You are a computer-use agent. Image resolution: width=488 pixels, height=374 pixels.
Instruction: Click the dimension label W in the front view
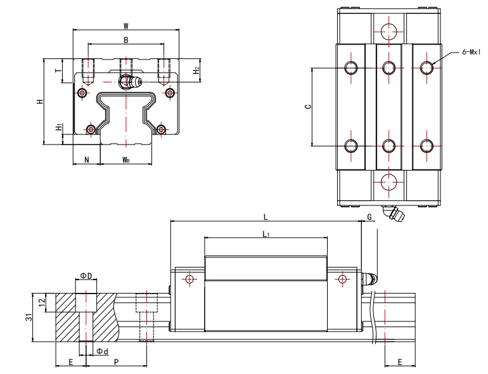pos(126,26)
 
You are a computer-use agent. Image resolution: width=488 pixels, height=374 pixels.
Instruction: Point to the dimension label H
pos(40,101)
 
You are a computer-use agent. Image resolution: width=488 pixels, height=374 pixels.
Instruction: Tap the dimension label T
pos(58,72)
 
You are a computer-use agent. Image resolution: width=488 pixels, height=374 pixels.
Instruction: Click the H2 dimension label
pos(197,70)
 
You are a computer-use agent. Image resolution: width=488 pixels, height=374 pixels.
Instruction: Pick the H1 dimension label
pos(58,127)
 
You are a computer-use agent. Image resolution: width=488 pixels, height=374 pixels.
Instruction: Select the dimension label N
pos(86,160)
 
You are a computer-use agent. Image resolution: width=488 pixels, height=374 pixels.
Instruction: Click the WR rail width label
pos(126,160)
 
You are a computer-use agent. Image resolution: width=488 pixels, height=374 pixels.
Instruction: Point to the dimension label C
pos(307,107)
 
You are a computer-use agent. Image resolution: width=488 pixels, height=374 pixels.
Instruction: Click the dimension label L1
pos(266,234)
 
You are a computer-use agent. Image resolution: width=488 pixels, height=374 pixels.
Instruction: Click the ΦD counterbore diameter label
pos(87,276)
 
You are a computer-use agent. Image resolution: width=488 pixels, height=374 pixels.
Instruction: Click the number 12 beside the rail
pos(42,302)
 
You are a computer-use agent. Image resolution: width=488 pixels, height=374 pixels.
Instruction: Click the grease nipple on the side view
pos(370,278)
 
